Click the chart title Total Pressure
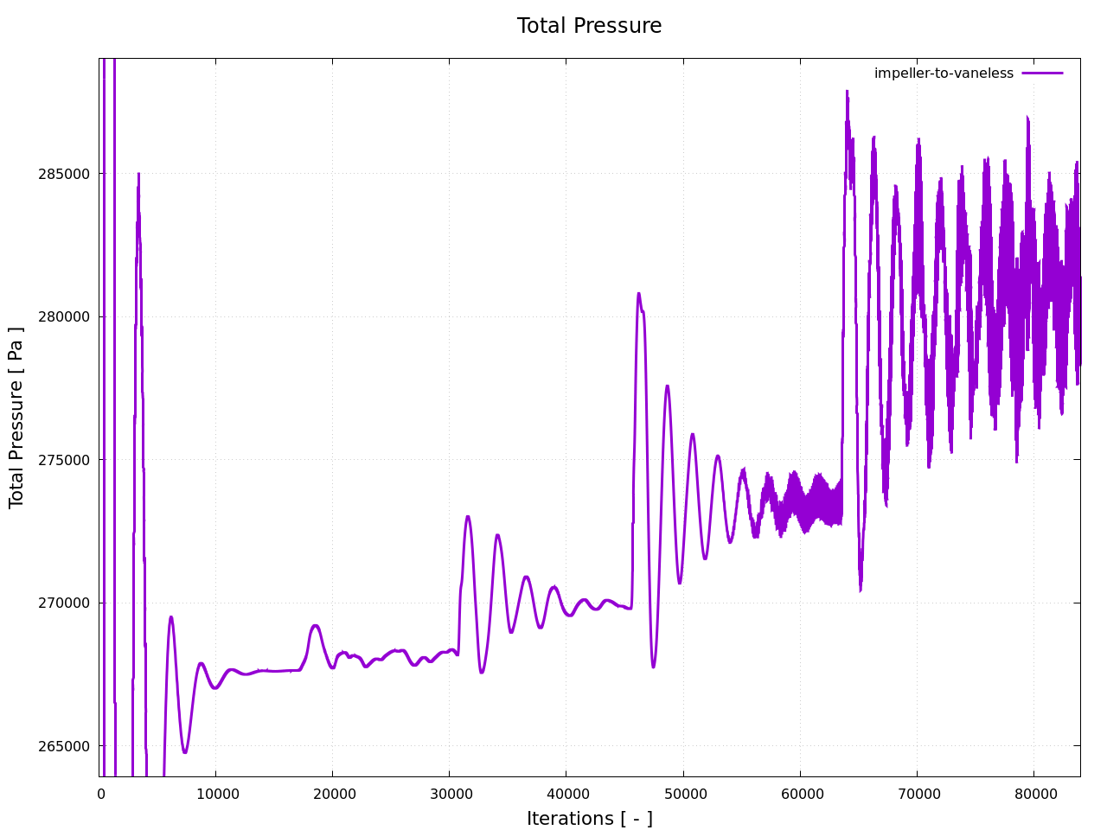click(x=589, y=26)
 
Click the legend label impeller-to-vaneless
click(x=944, y=73)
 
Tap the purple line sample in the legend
click(x=1042, y=73)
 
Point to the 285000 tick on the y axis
click(x=65, y=174)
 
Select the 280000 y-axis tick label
click(x=65, y=316)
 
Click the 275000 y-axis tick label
click(x=65, y=460)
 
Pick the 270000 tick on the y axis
click(x=65, y=603)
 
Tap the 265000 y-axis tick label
click(x=65, y=746)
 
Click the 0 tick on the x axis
click(x=100, y=795)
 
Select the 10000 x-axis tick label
click(x=215, y=795)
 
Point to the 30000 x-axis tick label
click(x=449, y=795)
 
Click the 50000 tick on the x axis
click(x=682, y=795)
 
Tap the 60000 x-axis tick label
click(x=799, y=795)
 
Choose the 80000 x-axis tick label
click(x=1033, y=795)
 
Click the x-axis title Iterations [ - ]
click(x=589, y=819)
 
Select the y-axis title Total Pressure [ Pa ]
click(x=16, y=418)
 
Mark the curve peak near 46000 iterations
click(x=639, y=294)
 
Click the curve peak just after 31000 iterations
click(x=468, y=517)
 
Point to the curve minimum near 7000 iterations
click(x=184, y=752)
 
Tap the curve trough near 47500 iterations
click(x=653, y=667)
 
